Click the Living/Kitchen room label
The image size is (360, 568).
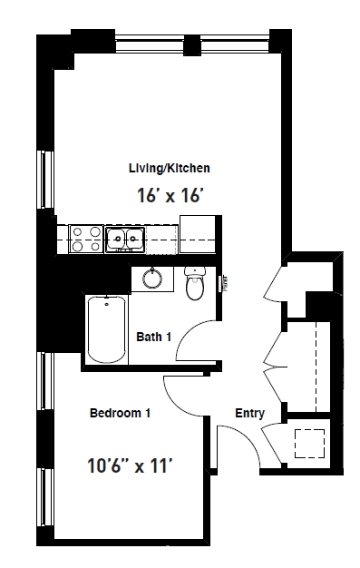(x=170, y=168)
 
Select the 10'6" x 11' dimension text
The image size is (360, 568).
(x=130, y=466)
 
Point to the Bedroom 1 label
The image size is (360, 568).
(x=120, y=414)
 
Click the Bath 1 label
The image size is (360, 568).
(x=153, y=337)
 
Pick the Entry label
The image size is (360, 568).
(x=249, y=414)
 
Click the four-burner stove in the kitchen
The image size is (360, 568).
(x=85, y=239)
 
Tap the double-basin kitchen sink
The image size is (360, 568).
(x=125, y=239)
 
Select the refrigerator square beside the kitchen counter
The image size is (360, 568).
(x=197, y=233)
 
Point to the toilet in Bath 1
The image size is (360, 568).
(x=195, y=284)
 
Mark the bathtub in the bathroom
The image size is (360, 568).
(x=107, y=328)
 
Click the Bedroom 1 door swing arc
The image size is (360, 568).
(x=180, y=392)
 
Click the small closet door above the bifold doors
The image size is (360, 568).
(x=273, y=282)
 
